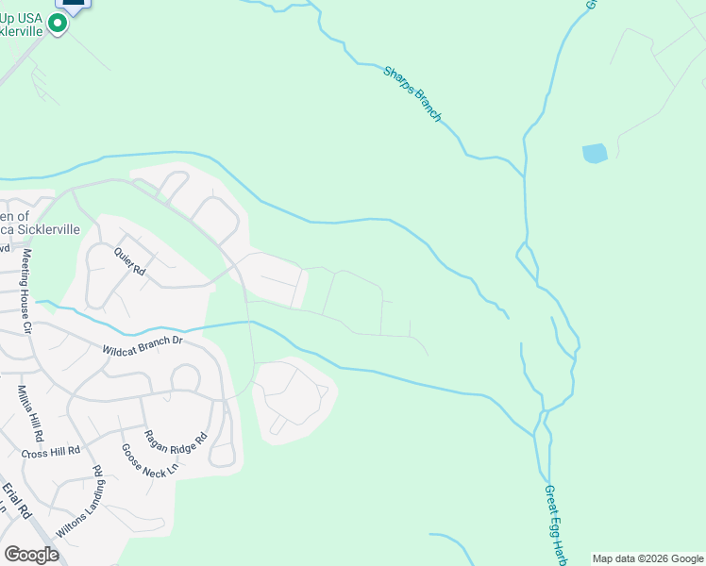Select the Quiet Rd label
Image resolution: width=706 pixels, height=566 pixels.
130,262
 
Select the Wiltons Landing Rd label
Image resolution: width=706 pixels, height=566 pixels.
78,502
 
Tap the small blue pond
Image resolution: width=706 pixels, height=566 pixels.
595,153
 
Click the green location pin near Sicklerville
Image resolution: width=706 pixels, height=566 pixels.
58,25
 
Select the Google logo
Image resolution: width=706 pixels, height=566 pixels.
31,554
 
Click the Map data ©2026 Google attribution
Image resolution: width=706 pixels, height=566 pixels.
647,558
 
